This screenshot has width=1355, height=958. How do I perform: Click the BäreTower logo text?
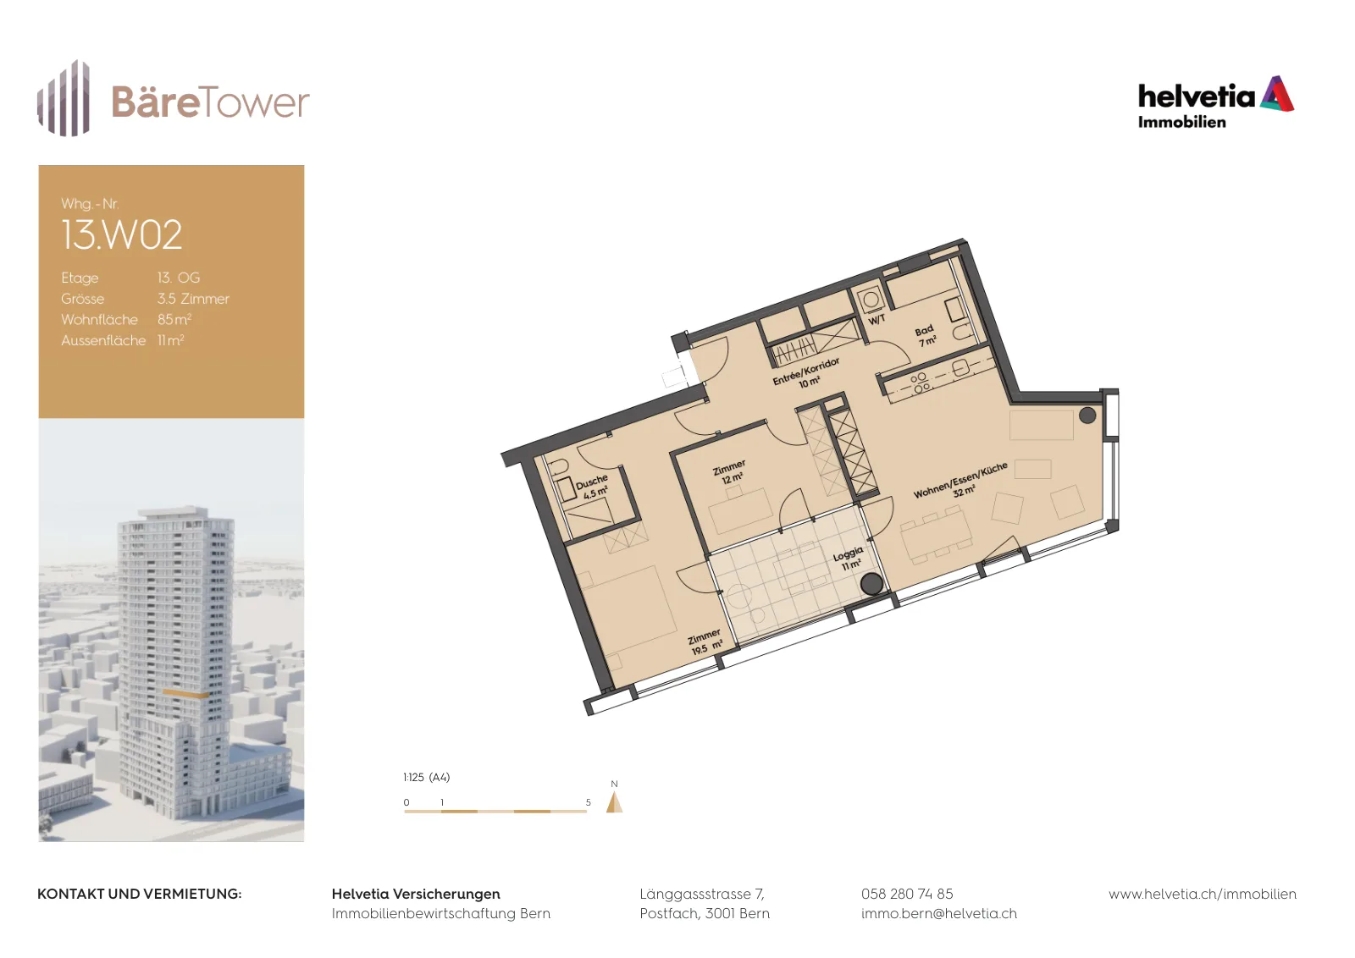point(211,102)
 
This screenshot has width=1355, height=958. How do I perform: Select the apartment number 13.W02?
point(122,234)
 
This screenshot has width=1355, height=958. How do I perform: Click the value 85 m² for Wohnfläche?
point(174,319)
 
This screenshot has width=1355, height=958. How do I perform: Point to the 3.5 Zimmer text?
point(194,299)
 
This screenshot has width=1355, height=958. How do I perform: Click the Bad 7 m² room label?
point(926,336)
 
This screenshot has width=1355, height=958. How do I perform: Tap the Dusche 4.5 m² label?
point(593,487)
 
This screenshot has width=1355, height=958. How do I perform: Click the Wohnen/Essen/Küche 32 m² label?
point(961,481)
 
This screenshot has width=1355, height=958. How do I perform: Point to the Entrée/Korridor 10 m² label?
point(807,373)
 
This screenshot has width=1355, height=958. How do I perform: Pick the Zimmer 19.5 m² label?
point(706,642)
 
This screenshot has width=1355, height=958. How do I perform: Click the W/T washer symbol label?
point(877,319)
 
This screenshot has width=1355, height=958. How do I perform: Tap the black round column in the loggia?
point(871,584)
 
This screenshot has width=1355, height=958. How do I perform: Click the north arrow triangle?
point(615,802)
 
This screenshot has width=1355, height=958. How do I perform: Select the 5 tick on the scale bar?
point(588,802)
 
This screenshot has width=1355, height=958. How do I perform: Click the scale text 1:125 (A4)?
point(427,778)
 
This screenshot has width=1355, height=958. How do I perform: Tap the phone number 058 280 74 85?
point(907,894)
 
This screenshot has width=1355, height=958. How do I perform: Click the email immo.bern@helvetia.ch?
point(939,914)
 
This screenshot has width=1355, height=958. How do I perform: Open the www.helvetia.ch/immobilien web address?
point(1203,895)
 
